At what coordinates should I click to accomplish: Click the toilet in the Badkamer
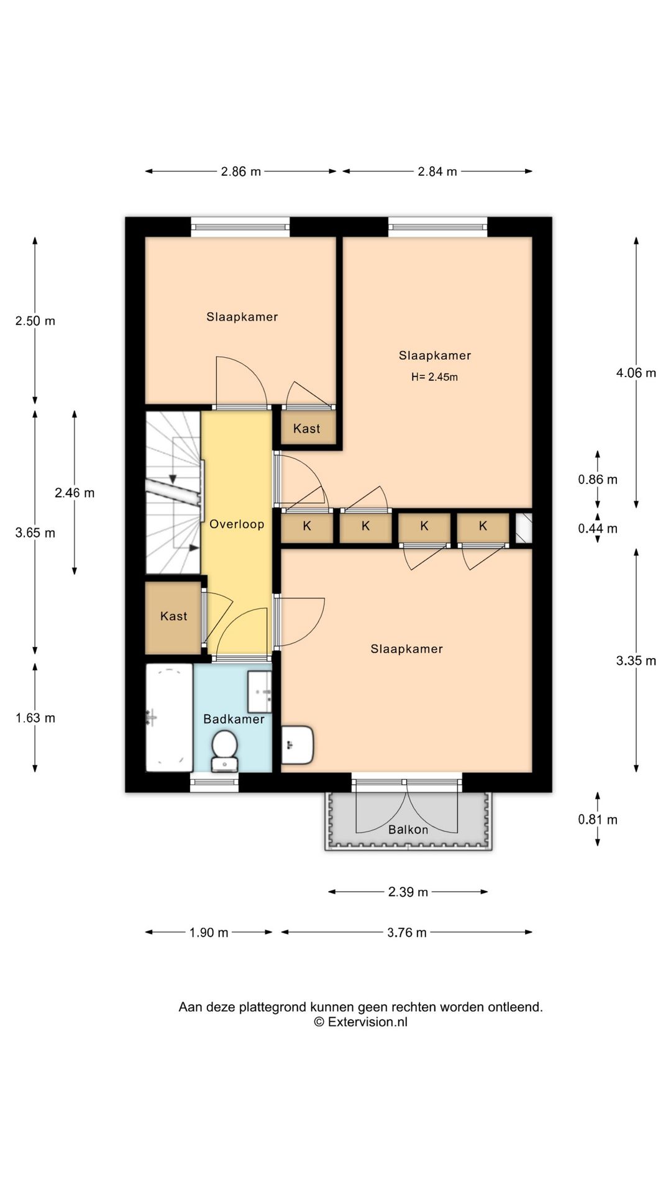pos(224,751)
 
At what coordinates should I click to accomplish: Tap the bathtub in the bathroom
pos(169,718)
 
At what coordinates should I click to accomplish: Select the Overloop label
pos(237,524)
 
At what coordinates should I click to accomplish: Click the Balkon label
pos(408,830)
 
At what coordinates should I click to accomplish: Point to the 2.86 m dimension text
pos(241,171)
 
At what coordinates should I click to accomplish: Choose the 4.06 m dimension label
pos(636,373)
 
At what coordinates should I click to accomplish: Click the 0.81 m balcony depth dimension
pos(598,820)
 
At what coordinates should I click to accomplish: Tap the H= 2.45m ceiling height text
pos(435,377)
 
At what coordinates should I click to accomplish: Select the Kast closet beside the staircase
pos(174,616)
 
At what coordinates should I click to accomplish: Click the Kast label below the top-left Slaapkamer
pos(307,428)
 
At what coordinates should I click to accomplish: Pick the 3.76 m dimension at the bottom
pos(407,932)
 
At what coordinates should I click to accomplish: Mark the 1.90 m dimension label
pos(209,932)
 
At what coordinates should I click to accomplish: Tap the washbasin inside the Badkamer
pos(260,692)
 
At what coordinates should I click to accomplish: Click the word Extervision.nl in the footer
pos(368,1022)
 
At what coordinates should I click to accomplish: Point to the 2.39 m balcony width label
pos(408,892)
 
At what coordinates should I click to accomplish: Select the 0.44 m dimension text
pos(598,528)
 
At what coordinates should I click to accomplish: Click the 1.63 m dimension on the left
pos(35,718)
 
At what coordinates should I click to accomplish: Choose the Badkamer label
pos(234,719)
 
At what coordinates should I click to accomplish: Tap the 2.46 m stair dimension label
pos(75,493)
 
